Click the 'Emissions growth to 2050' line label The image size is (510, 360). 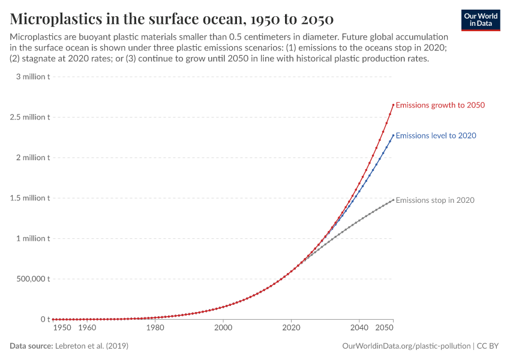[440, 105]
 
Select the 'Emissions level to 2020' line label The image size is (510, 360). [436, 136]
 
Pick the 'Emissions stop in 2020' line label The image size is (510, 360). [435, 200]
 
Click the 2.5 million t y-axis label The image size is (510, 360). [30, 117]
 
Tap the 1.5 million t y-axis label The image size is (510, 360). [30, 198]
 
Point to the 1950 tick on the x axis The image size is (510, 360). [62, 328]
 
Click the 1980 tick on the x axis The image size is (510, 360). [155, 328]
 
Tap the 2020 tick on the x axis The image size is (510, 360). [291, 328]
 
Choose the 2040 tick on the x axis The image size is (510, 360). [359, 328]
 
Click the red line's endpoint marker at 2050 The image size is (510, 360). [393, 105]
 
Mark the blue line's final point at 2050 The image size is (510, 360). [393, 136]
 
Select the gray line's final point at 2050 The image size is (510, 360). [393, 200]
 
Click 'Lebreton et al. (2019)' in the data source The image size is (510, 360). [91, 346]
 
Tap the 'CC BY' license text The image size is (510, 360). [488, 346]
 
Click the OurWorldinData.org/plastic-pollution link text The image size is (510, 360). [406, 346]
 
